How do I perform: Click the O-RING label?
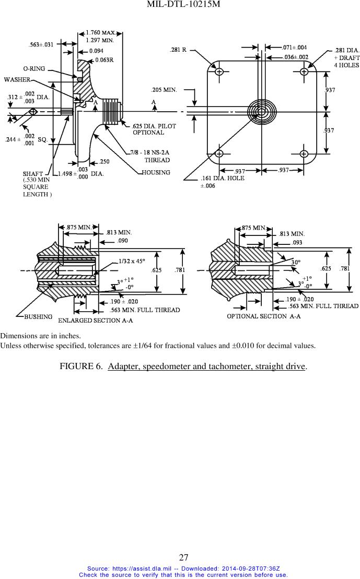[34, 68]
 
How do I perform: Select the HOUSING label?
[156, 172]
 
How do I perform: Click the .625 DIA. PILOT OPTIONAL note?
[154, 129]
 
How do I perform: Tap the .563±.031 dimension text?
[41, 44]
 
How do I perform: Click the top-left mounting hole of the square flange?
[219, 72]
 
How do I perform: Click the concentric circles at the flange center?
[262, 112]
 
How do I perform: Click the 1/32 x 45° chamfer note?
[132, 261]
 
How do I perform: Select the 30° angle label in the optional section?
[296, 262]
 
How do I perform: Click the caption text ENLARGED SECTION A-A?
[95, 320]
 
